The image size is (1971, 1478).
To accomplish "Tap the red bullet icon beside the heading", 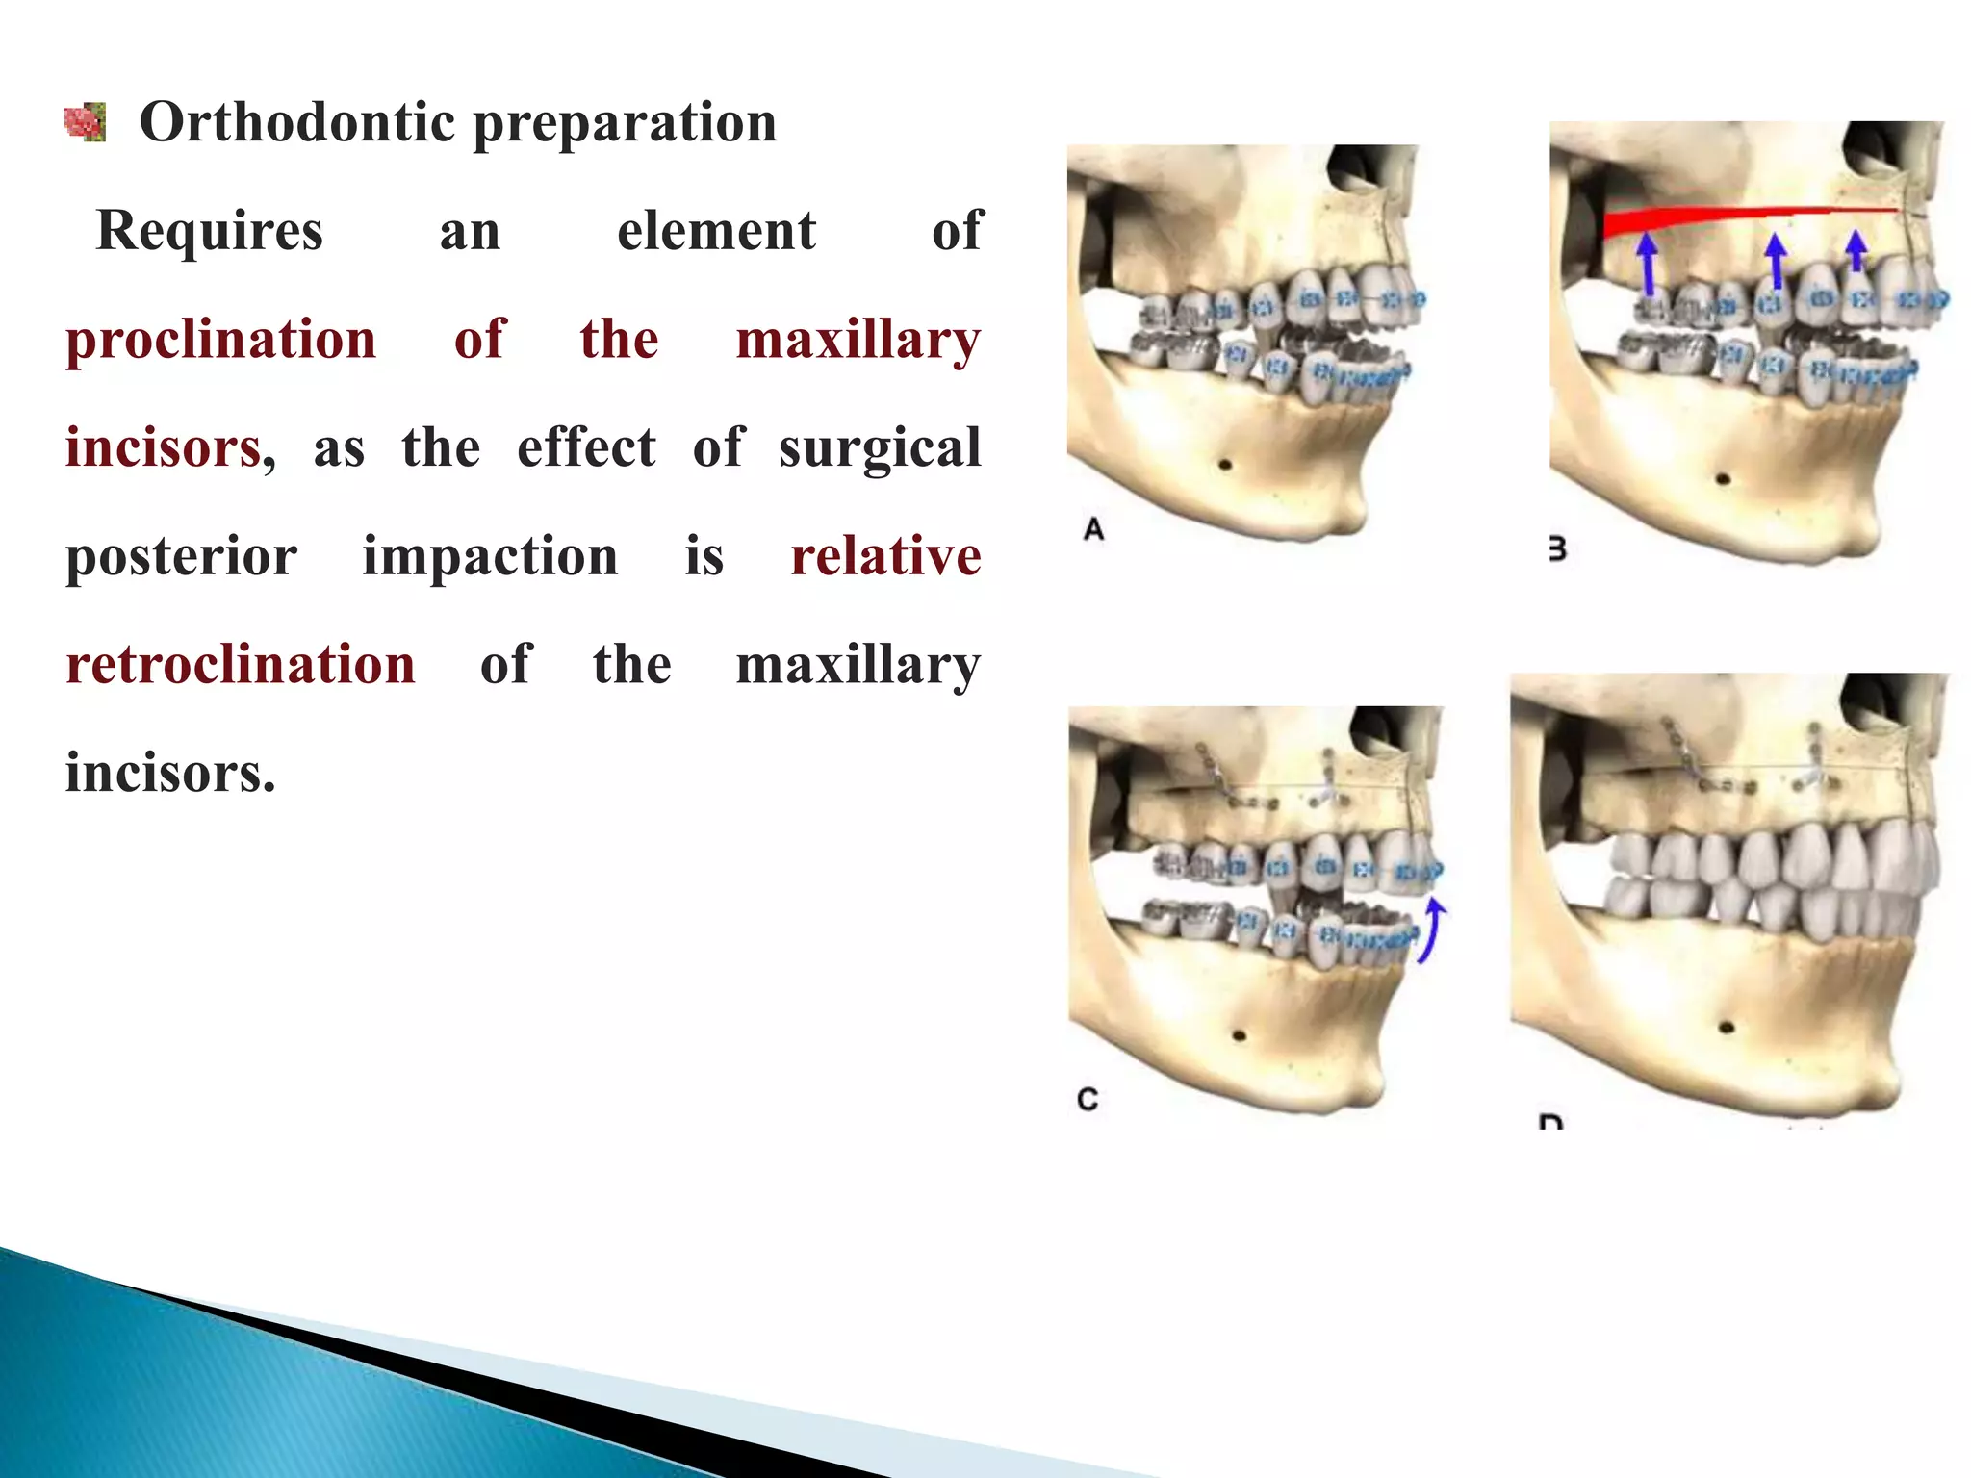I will pyautogui.click(x=85, y=123).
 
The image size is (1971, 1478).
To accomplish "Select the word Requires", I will pyautogui.click(x=210, y=232).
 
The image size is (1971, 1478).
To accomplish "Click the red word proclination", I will pyautogui.click(x=220, y=340).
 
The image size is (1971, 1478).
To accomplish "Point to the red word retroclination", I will pyautogui.click(x=240, y=665).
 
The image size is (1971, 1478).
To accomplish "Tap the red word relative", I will pyautogui.click(x=885, y=556).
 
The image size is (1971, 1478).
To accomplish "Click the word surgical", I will pyautogui.click(x=880, y=448).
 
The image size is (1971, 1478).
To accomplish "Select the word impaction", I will pyautogui.click(x=490, y=557).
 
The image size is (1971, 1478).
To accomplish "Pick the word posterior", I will pyautogui.click(x=181, y=557).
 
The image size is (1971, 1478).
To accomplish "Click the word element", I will pyautogui.click(x=716, y=232).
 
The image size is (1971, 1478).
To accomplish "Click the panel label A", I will pyautogui.click(x=1093, y=529).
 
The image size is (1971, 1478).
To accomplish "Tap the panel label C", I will pyautogui.click(x=1088, y=1099).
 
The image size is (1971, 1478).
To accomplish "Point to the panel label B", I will pyautogui.click(x=1557, y=549).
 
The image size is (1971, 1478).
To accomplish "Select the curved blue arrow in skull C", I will pyautogui.click(x=1431, y=930).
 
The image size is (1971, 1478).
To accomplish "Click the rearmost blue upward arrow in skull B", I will pyautogui.click(x=1649, y=265).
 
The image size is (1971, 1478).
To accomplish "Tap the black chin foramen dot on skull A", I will pyautogui.click(x=1225, y=466).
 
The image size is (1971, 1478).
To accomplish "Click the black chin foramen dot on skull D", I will pyautogui.click(x=1727, y=1028).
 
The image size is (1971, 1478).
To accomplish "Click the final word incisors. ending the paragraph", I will pyautogui.click(x=170, y=774).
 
